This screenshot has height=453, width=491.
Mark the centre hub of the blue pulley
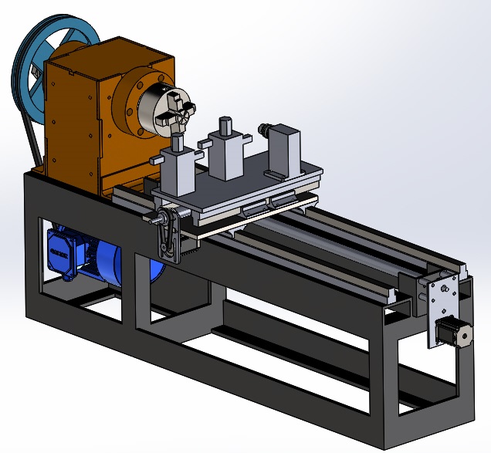click(45, 68)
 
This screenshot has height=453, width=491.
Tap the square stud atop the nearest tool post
click(177, 142)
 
